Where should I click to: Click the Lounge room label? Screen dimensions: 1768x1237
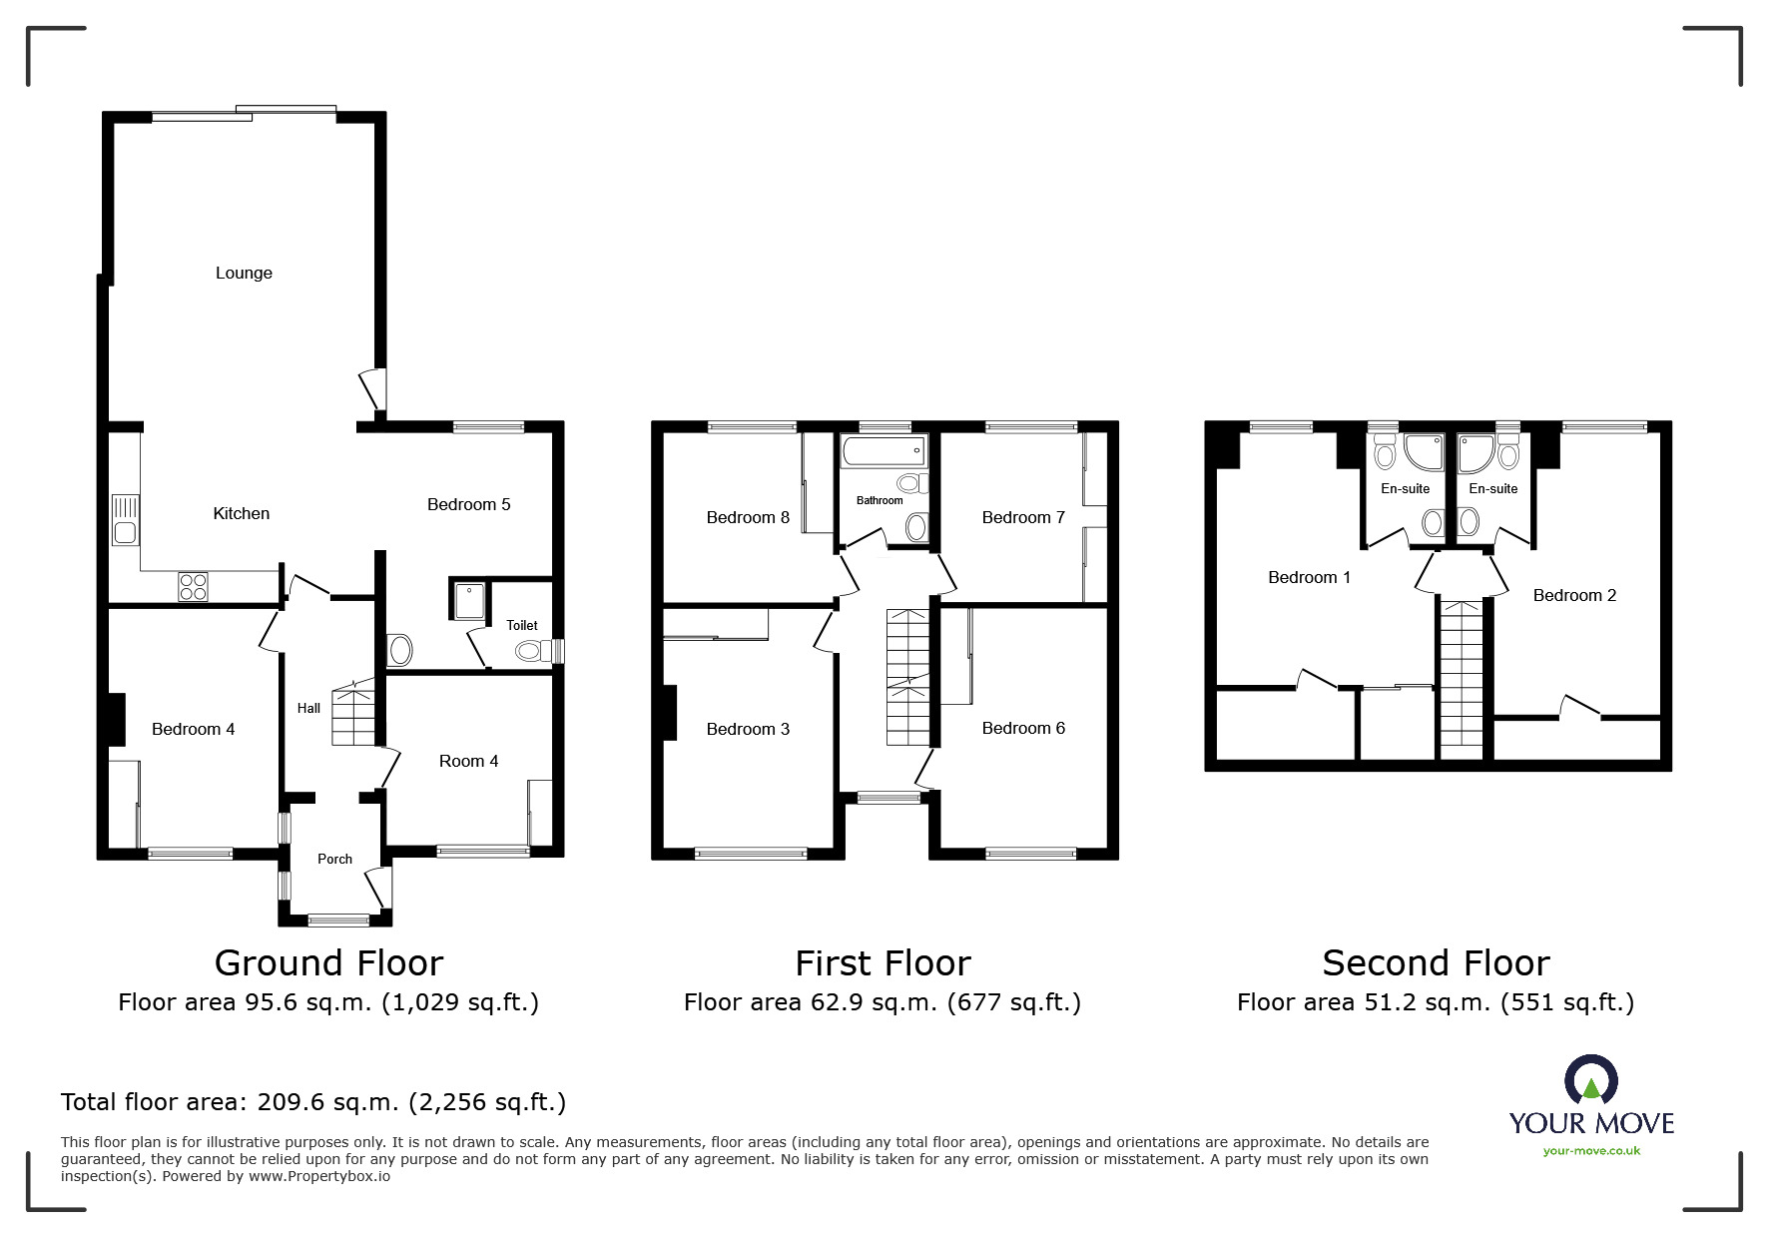click(x=244, y=273)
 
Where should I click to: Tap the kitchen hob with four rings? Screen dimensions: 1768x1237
click(x=194, y=586)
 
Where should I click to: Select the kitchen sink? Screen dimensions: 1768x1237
click(x=125, y=519)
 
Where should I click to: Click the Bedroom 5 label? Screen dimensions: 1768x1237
click(x=468, y=504)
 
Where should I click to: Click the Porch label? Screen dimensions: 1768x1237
click(x=334, y=859)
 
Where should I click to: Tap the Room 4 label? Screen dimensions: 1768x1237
click(x=468, y=761)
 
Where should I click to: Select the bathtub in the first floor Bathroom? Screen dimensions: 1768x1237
click(x=884, y=451)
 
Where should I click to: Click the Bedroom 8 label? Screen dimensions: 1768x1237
click(x=748, y=517)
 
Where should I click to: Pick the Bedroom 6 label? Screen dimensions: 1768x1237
click(x=1023, y=728)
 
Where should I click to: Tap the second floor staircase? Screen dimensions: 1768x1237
click(x=1462, y=675)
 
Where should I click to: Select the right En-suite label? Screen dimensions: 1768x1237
click(x=1493, y=488)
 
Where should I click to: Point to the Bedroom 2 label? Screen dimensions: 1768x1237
click(x=1574, y=595)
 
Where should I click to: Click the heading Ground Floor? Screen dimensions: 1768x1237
click(x=328, y=962)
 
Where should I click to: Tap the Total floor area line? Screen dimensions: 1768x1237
click(x=313, y=1102)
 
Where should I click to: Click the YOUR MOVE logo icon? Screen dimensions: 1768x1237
click(x=1590, y=1079)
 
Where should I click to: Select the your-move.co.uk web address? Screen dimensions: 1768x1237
click(x=1591, y=1150)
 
